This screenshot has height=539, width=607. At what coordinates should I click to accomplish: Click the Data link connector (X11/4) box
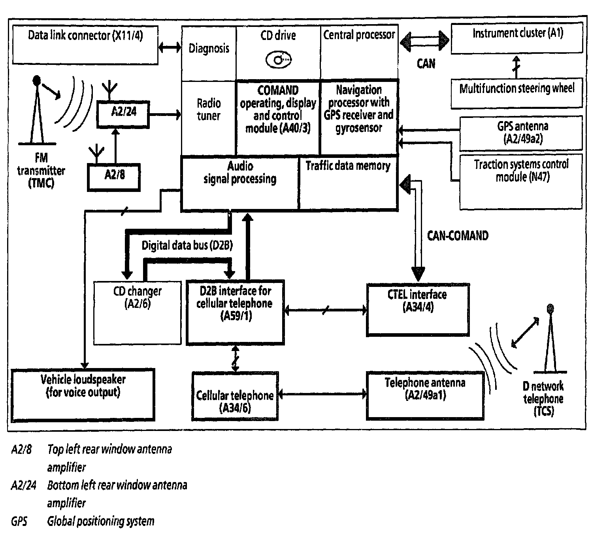coord(85,45)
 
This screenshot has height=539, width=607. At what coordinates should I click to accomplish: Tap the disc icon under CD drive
coord(278,60)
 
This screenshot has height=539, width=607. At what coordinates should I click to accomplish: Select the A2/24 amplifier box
coord(123,115)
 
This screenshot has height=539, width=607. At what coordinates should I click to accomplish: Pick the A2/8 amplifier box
coord(114,177)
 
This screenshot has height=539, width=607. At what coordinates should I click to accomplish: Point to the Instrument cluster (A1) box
coord(517,38)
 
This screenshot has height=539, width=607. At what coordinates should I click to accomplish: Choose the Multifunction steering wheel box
coord(517,93)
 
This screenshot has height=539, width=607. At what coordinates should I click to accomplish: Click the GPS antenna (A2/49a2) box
coord(521,133)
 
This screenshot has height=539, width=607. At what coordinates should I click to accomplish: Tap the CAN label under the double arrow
coord(426,64)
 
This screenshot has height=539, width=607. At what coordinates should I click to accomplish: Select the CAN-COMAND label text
coord(458,235)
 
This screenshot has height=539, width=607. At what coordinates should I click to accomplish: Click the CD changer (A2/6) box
coord(138,313)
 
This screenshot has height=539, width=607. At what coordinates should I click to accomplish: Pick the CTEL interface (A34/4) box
coord(418,310)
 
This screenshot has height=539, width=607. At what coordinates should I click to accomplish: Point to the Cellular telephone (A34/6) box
coord(235,396)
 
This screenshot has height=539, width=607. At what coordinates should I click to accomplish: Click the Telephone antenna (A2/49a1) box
coord(425,396)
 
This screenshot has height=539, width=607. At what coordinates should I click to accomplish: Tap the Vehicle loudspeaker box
coord(83,395)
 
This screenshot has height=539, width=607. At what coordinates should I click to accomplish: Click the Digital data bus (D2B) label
coord(187,245)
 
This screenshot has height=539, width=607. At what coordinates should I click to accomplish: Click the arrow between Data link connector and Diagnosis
coord(170,47)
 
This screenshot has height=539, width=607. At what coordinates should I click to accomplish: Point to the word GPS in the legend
coord(19,521)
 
